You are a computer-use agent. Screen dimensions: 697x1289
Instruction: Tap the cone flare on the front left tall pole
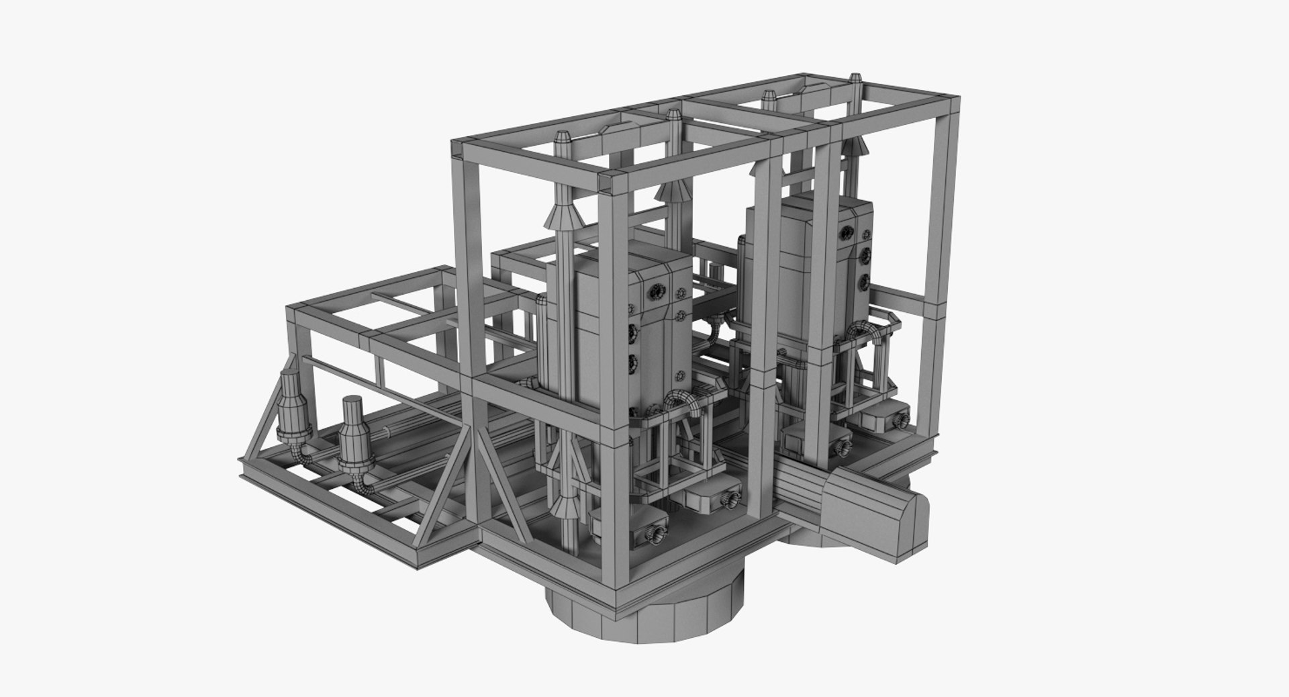coord(563,215)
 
